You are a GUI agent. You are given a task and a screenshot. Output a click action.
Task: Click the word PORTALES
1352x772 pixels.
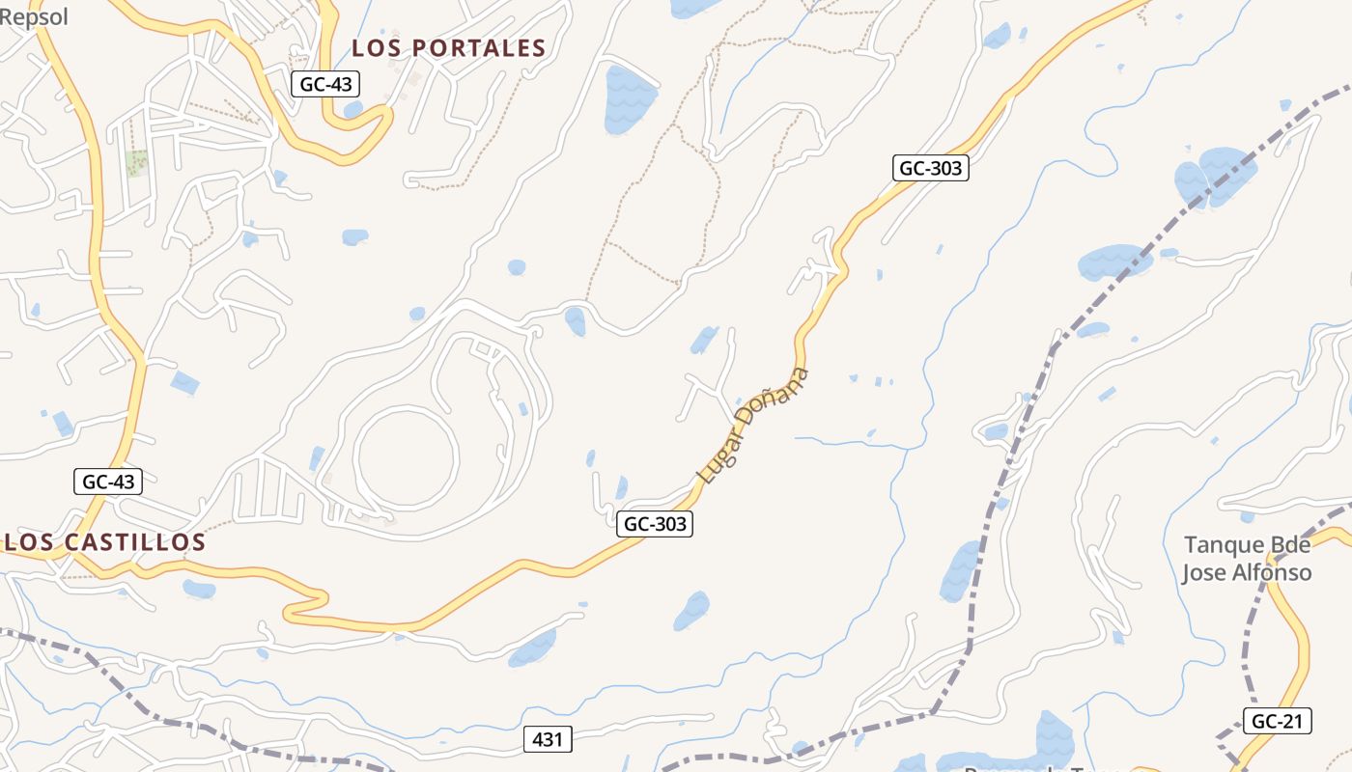(x=480, y=48)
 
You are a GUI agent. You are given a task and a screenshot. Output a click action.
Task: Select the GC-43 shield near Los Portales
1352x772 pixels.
(x=325, y=84)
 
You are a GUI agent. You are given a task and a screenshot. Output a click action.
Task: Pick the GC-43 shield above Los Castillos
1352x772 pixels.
(x=108, y=482)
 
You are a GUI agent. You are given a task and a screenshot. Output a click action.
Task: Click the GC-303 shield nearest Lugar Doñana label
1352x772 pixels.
(x=655, y=524)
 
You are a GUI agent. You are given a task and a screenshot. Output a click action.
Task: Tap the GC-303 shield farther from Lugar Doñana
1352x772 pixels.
(x=930, y=168)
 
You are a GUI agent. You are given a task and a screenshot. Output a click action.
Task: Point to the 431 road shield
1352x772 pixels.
(x=547, y=740)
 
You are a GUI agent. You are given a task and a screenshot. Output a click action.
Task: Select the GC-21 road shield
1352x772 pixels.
(x=1277, y=721)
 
